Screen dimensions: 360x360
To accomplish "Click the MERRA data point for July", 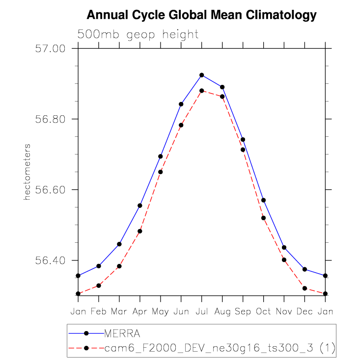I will coord(201,75).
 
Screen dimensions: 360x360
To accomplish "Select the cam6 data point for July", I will coord(201,91).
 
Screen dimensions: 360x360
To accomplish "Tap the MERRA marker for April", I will coord(140,206).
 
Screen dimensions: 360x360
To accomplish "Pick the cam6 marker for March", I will coord(119,266).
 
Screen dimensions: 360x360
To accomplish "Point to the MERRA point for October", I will coord(264,200).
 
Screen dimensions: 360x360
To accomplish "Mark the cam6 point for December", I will coord(305,288).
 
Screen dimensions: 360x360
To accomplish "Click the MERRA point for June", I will coord(181,104).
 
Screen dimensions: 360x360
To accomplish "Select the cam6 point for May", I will coord(161,172).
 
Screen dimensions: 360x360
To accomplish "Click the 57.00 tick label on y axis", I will coord(51,49).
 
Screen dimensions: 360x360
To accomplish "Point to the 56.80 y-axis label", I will coord(51,119).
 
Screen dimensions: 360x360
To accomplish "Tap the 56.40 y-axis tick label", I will coord(51,260).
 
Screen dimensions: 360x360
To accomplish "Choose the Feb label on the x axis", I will coord(99,311).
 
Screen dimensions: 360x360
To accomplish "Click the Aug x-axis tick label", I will coord(222,311).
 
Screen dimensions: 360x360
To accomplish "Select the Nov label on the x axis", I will coord(284,311).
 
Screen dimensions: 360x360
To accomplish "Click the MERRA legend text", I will coord(122,334).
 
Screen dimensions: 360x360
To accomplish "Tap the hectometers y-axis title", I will coord(28,172).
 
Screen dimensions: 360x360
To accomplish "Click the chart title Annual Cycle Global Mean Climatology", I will coord(201,15).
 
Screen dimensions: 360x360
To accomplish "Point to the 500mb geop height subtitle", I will coord(138,35).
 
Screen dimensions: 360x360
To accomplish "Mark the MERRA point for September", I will coord(243,140).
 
